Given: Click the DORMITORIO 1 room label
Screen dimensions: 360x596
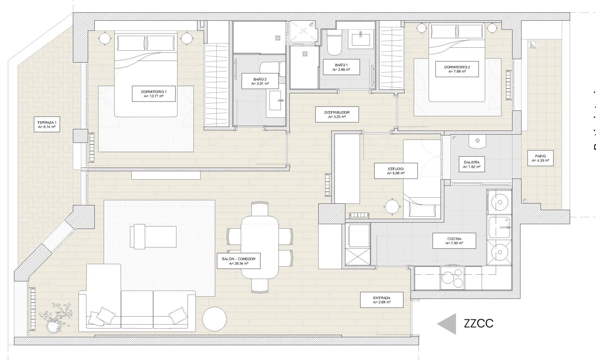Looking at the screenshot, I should coord(153,93).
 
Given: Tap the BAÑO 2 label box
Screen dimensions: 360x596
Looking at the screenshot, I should coord(260,81).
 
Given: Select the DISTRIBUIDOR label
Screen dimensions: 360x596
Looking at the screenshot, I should coord(337,114).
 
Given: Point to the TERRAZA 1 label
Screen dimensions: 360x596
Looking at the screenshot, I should coord(47,124).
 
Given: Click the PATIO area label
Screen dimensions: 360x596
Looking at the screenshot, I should coord(540,158).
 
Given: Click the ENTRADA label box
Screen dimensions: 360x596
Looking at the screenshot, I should coord(381,300).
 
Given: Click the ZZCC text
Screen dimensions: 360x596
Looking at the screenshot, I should coord(479,323).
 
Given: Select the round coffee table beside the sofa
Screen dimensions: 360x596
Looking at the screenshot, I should coord(214,319).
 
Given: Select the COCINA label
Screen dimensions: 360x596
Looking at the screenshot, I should coord(454,241).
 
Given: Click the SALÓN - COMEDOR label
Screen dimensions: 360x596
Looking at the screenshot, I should coord(238,261).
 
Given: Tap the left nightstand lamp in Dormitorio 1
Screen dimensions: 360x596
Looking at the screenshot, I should coord(105,38).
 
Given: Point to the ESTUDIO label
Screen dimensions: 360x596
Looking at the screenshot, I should coord(396,171).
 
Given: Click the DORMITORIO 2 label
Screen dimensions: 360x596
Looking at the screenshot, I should coord(457,69).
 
